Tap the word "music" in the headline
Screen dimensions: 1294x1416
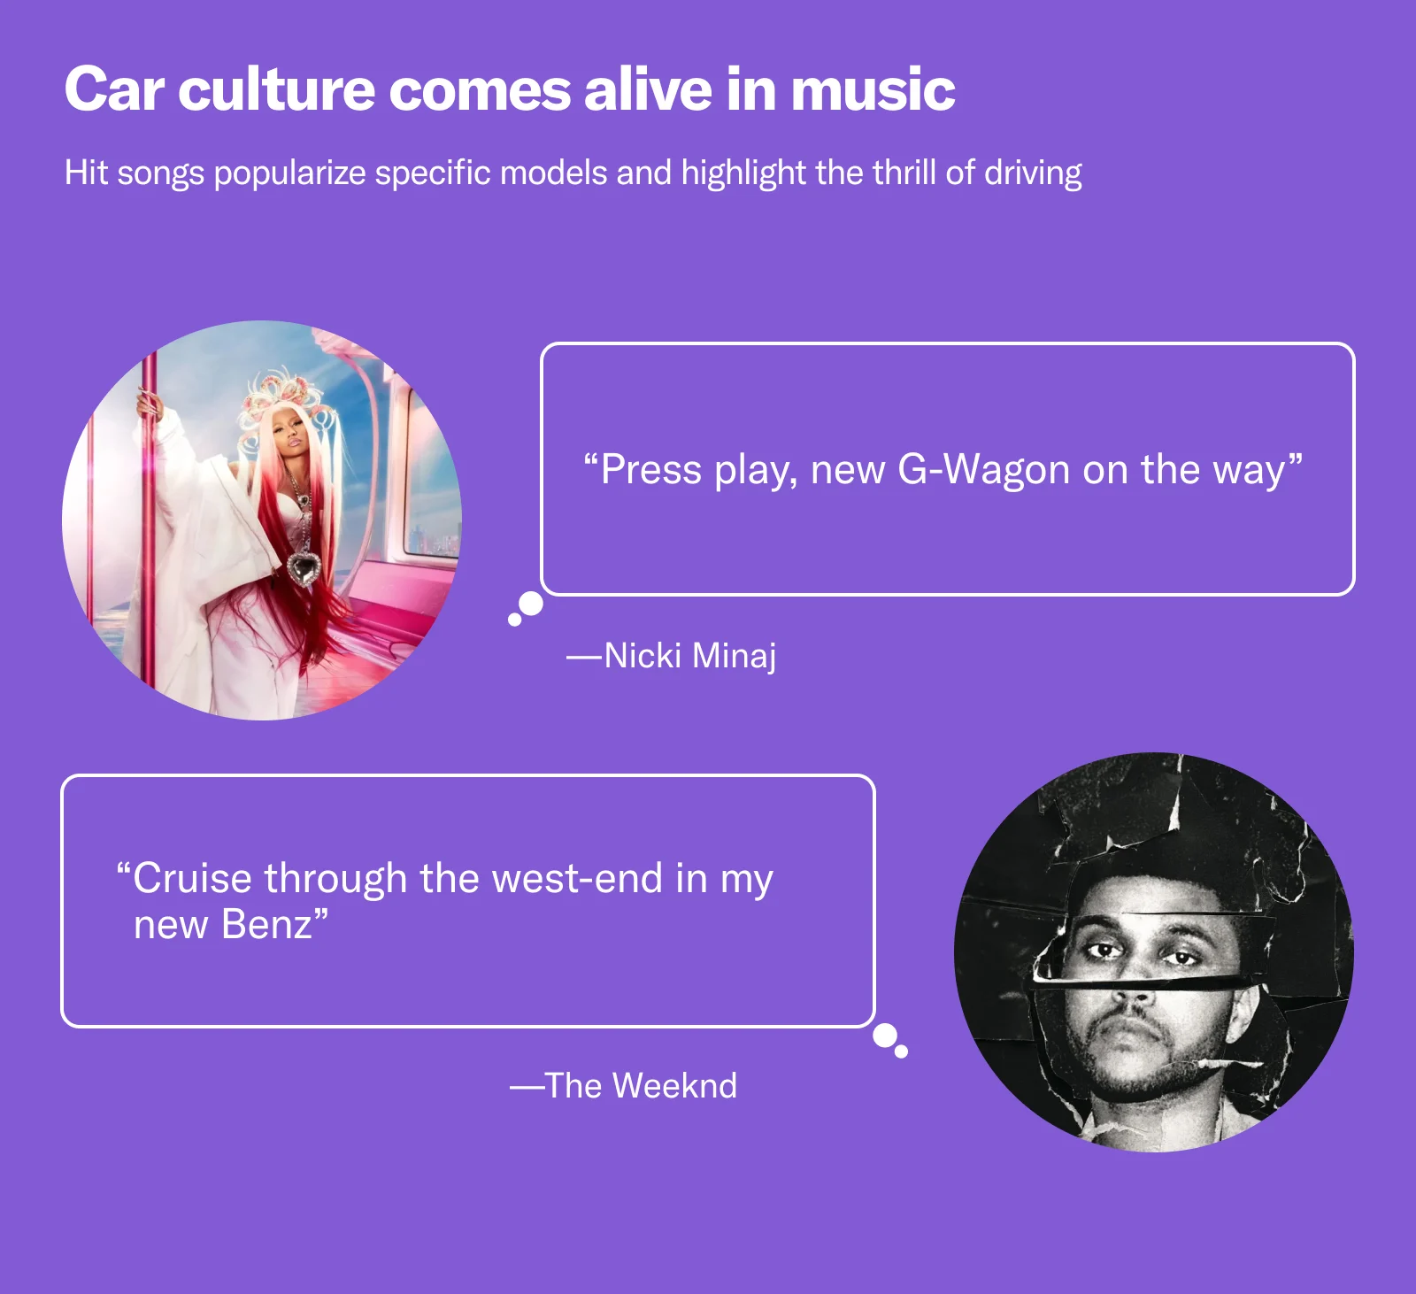pyautogui.click(x=873, y=90)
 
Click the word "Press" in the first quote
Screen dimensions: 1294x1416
pyautogui.click(x=650, y=470)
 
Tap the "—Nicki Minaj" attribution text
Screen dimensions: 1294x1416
pyautogui.click(x=672, y=656)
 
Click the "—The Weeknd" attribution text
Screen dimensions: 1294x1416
pyautogui.click(x=623, y=1086)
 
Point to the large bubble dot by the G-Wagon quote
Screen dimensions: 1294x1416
pyautogui.click(x=531, y=604)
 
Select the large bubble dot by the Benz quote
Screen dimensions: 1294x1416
pyautogui.click(x=884, y=1036)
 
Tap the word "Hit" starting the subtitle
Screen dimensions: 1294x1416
pyautogui.click(x=86, y=173)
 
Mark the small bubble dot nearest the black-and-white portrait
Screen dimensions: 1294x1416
pyautogui.click(x=902, y=1052)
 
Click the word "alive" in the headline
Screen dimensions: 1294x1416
pyautogui.click(x=648, y=90)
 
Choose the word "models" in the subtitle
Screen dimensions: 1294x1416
pyautogui.click(x=554, y=173)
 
